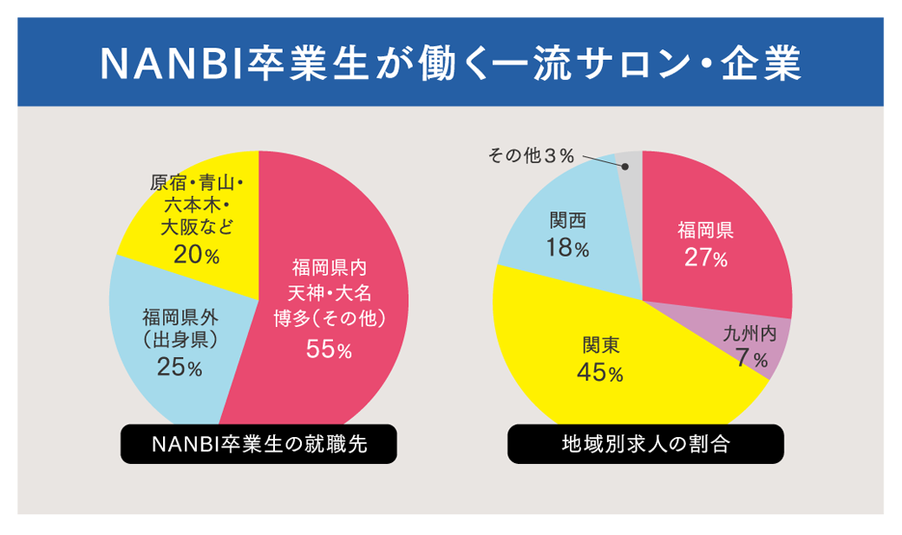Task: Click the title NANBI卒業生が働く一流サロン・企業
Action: [450, 62]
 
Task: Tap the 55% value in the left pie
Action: [329, 350]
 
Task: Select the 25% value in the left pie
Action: [180, 368]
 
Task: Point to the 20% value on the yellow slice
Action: [196, 255]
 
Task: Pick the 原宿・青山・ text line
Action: [197, 183]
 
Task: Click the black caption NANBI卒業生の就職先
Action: [258, 444]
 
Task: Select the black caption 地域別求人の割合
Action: [645, 444]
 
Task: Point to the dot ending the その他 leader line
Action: [625, 166]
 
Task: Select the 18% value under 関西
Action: [568, 249]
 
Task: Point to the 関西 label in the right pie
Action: [568, 220]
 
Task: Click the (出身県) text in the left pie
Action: [180, 339]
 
